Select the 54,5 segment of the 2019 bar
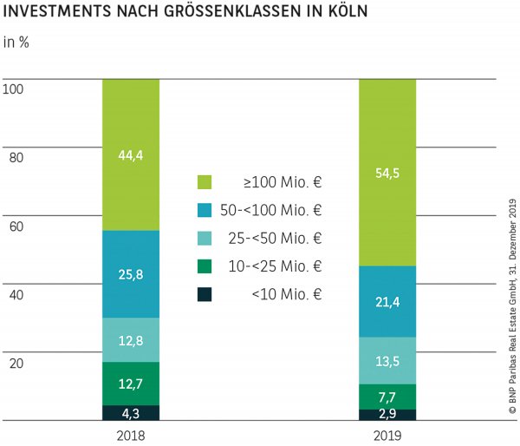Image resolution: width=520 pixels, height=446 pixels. [x=387, y=172]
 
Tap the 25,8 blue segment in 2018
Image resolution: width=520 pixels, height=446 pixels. [x=131, y=274]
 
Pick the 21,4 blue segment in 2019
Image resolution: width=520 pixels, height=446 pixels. [x=387, y=301]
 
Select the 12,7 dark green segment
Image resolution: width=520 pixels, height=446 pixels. [x=131, y=383]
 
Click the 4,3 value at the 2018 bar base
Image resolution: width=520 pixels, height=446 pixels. [x=131, y=412]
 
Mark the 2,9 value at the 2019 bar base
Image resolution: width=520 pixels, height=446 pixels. [x=387, y=415]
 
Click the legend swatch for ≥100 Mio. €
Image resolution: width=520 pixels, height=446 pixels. [x=205, y=182]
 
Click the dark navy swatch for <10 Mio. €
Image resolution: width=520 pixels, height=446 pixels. [x=205, y=294]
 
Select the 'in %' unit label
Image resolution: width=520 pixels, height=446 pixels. [x=16, y=42]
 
